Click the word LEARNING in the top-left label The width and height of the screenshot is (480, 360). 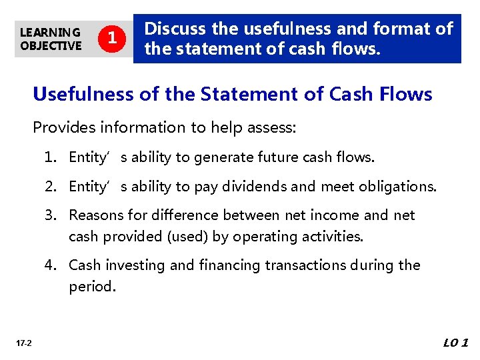pos(50,32)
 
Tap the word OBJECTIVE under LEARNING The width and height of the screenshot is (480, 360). pos(51,45)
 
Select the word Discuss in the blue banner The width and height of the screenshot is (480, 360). pos(175,29)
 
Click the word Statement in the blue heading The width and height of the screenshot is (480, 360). pos(242,95)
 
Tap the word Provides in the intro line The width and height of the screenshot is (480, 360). pos(62,127)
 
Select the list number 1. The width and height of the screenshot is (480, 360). pos(50,157)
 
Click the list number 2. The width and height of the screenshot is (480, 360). pos(50,187)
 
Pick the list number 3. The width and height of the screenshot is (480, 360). pos(50,215)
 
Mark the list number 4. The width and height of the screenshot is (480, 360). pos(50,265)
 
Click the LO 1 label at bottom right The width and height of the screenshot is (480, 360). pos(456,343)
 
